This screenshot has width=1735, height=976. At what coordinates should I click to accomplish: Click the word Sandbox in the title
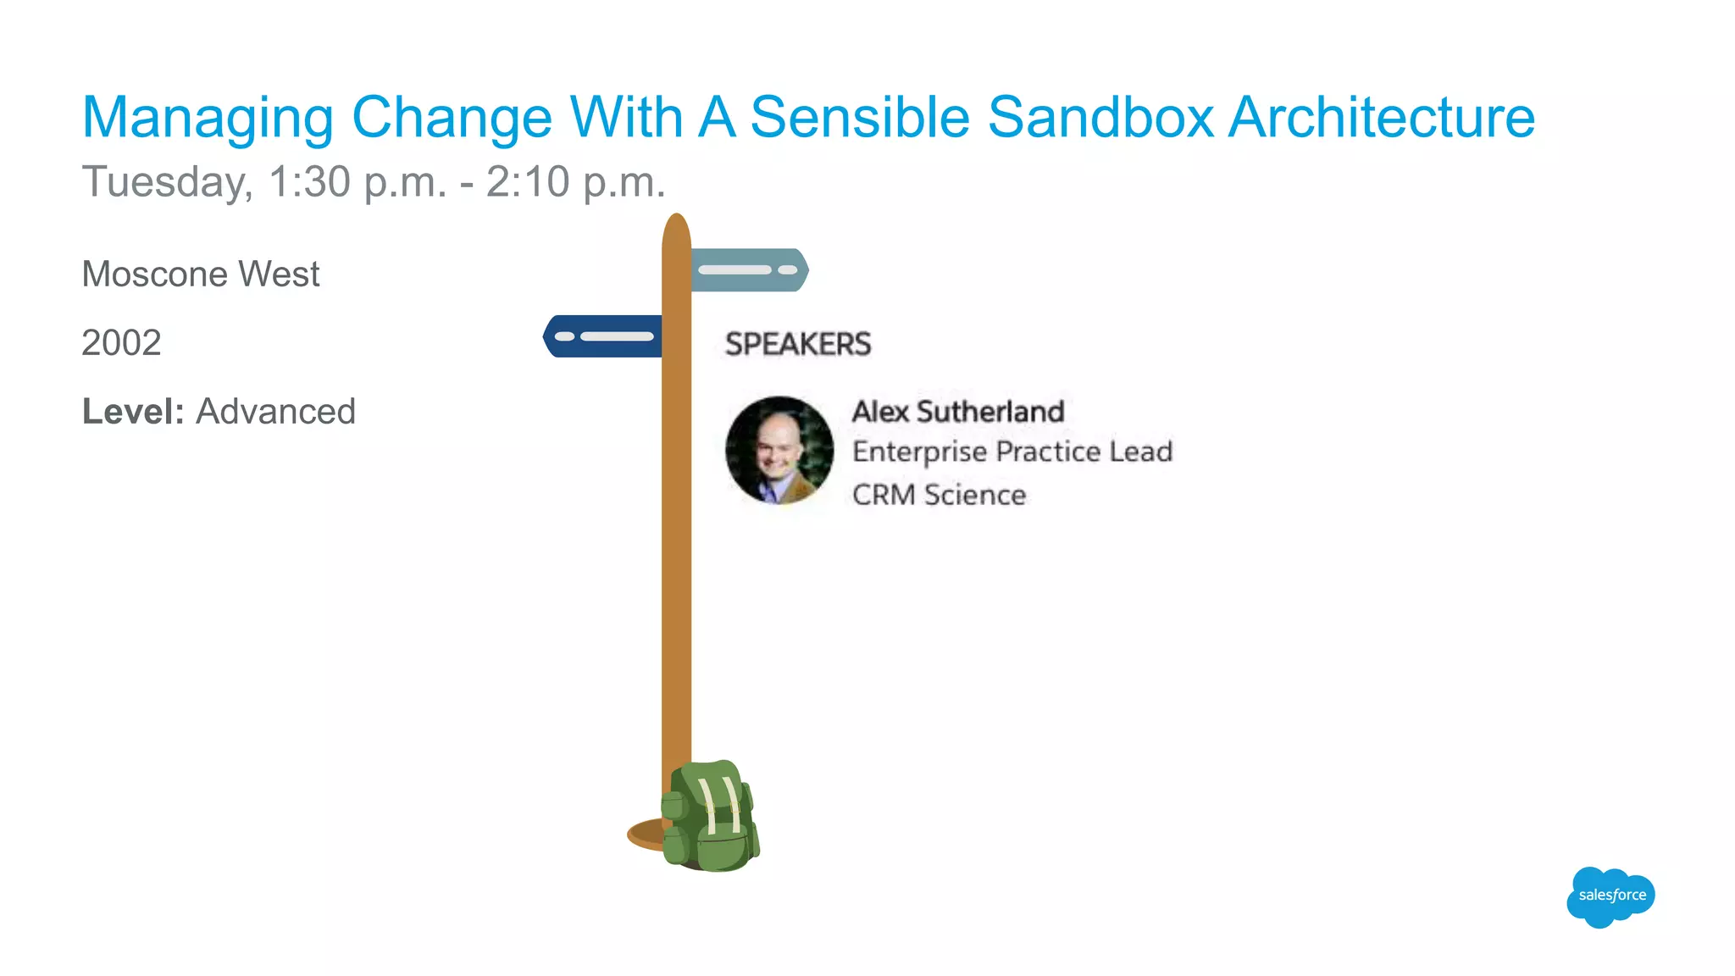click(1101, 117)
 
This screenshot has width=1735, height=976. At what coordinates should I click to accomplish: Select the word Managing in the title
click(208, 119)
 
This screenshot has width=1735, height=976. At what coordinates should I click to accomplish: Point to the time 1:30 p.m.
click(357, 182)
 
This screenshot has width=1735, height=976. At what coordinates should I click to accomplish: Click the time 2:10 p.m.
click(575, 182)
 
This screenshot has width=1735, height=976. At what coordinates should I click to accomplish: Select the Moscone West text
click(200, 274)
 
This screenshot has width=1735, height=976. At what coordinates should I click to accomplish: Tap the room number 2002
click(121, 343)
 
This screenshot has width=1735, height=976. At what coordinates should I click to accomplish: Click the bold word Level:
click(133, 412)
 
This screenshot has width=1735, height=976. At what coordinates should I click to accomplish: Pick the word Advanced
click(275, 412)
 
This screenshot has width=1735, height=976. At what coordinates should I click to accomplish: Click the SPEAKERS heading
click(797, 344)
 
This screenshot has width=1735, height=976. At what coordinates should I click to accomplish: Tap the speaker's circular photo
click(779, 450)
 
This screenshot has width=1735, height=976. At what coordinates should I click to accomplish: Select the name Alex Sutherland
click(957, 412)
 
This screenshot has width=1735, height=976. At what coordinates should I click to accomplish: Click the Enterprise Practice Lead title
click(1012, 452)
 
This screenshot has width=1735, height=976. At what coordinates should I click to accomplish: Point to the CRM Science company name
click(939, 495)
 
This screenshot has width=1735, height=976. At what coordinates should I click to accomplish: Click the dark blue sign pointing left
click(601, 336)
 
